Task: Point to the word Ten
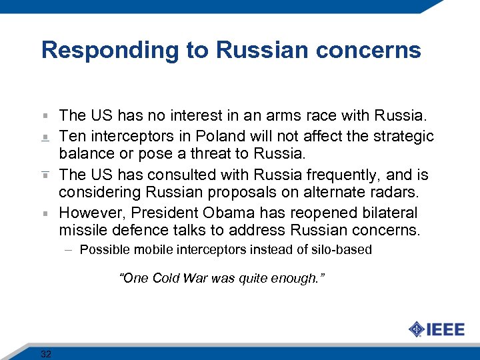tap(71, 137)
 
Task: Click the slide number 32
tap(46, 353)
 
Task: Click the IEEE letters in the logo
tap(445, 329)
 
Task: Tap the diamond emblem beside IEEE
tap(416, 329)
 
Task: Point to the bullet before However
tap(45, 214)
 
